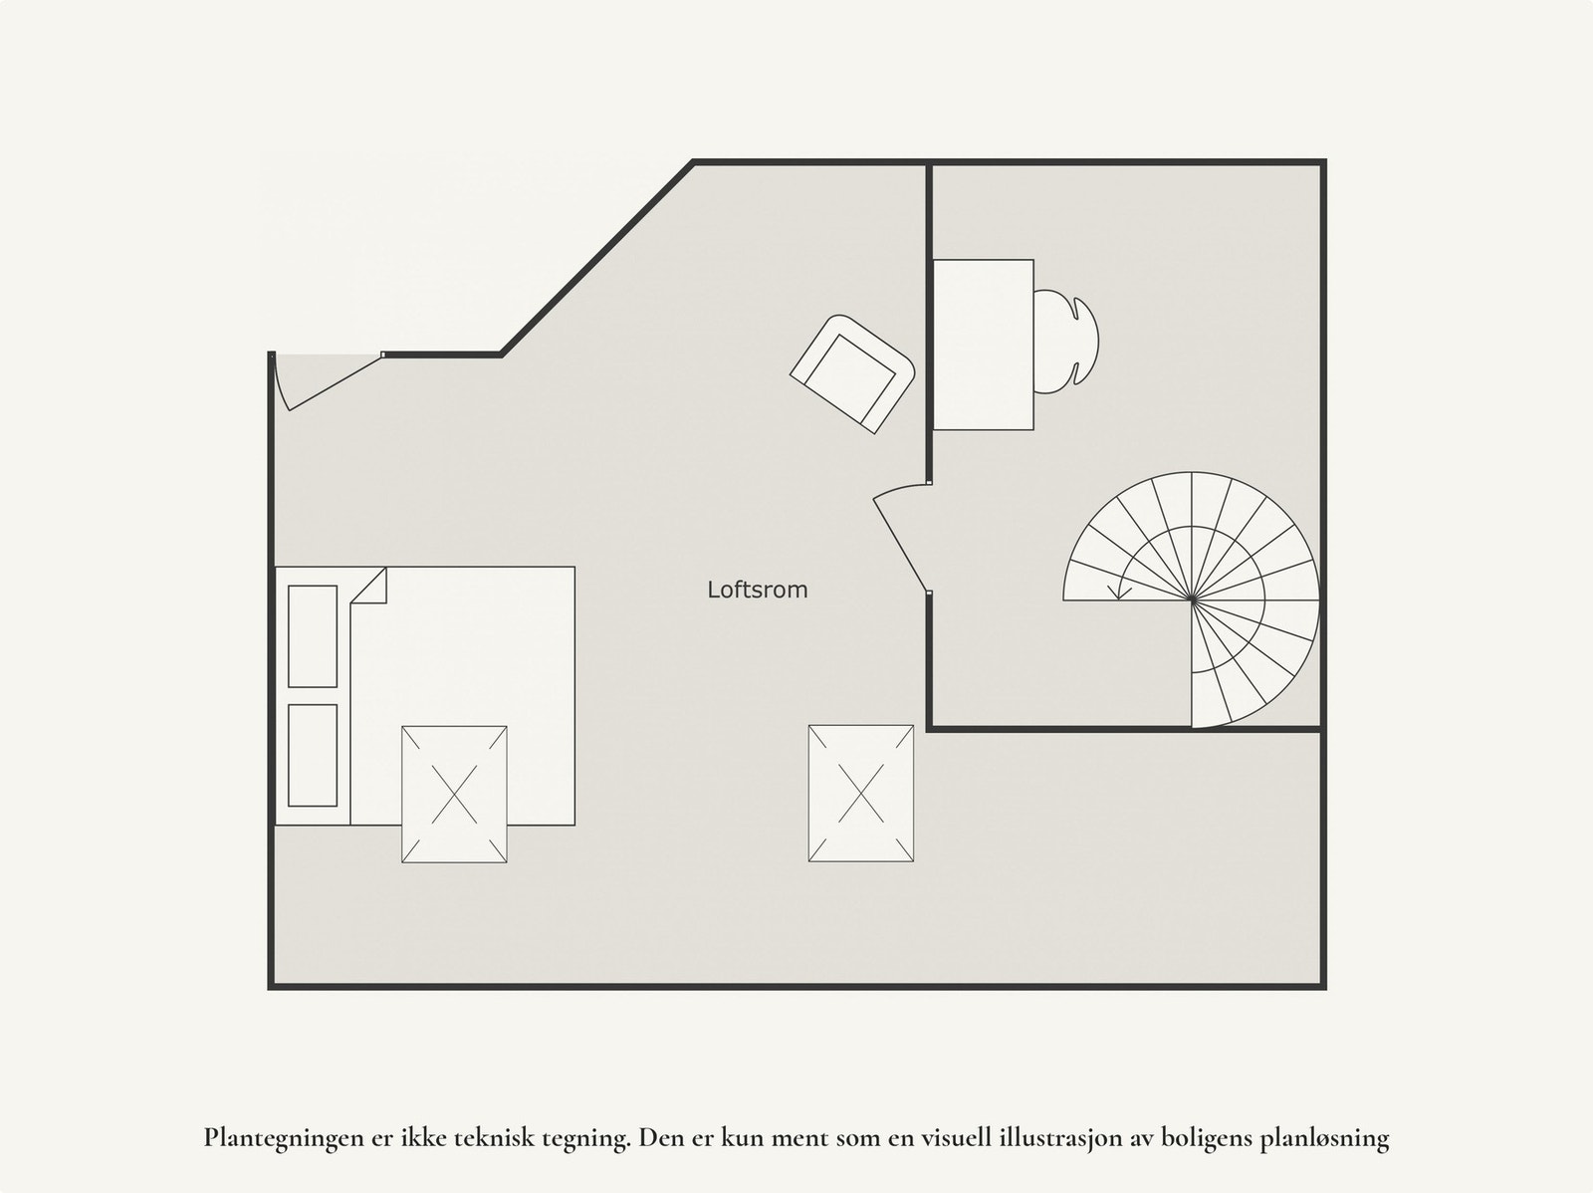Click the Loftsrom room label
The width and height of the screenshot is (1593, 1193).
tap(757, 590)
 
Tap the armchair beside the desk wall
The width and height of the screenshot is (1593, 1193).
tap(852, 373)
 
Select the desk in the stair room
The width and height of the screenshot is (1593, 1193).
tap(983, 344)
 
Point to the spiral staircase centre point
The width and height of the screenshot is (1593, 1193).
tap(1193, 600)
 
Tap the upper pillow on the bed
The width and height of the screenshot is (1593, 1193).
tap(313, 636)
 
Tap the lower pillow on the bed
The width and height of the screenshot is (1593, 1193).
tap(313, 755)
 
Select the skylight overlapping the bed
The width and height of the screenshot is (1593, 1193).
tap(454, 794)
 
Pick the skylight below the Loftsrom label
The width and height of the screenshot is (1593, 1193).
tap(861, 793)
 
